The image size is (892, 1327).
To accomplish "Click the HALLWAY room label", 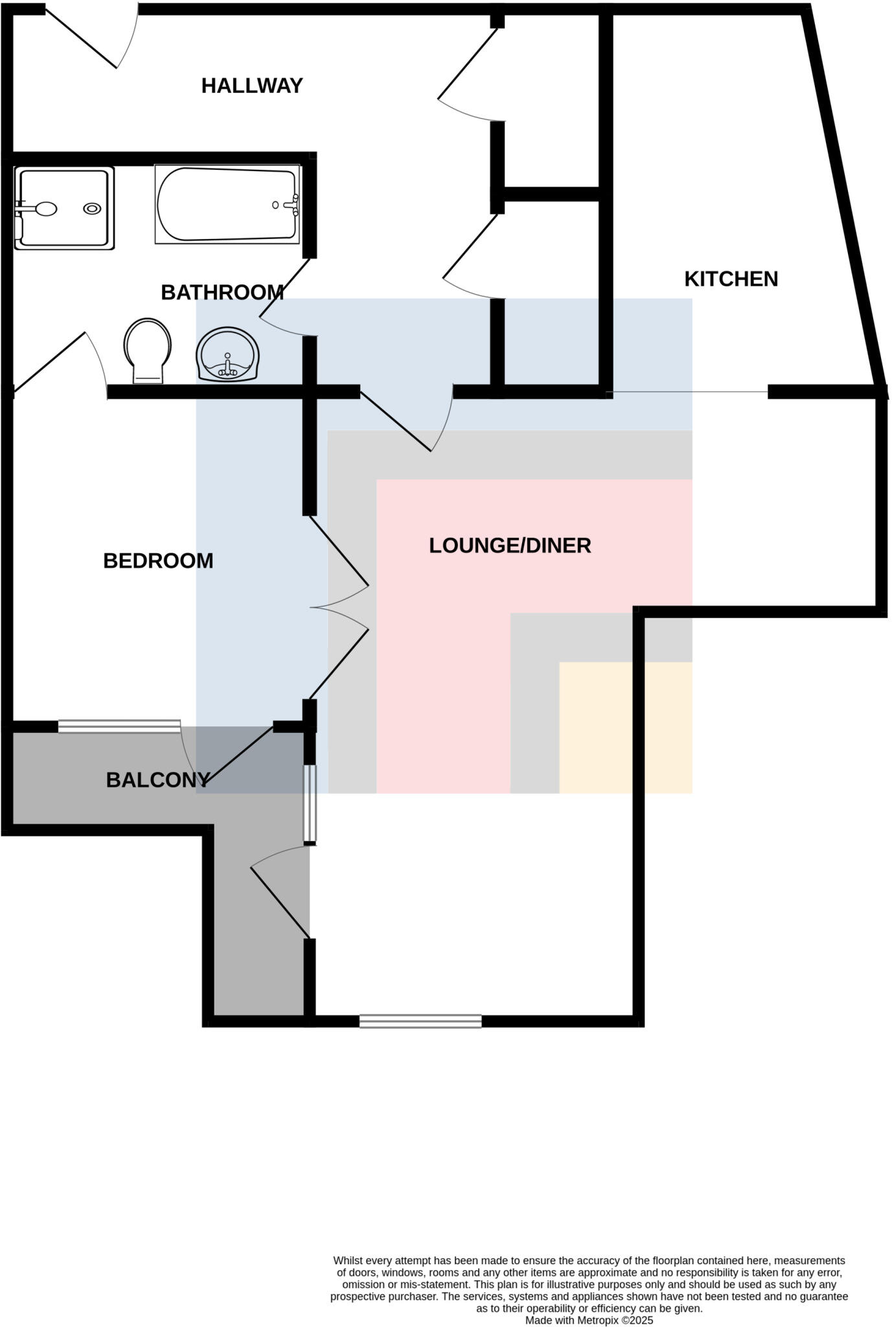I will click(252, 86).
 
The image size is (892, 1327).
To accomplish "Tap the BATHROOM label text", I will click(222, 292).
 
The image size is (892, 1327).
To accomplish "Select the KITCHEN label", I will click(731, 279).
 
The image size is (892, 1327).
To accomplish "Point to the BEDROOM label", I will click(158, 560).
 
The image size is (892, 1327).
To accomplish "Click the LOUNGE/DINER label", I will click(510, 546).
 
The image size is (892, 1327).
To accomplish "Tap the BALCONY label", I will click(157, 779).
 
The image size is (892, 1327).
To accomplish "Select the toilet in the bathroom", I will click(148, 350).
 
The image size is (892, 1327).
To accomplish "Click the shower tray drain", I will click(92, 209).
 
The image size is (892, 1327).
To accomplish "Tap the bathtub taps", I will click(291, 205).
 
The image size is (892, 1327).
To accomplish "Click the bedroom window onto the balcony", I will click(119, 726).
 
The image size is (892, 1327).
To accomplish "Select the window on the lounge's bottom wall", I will click(420, 1021).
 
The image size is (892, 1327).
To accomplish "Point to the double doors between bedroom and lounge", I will click(339, 608).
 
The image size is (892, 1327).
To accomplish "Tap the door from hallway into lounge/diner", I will click(405, 421).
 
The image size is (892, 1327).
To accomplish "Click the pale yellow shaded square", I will click(625, 727).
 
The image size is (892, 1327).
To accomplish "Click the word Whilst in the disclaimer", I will click(348, 1260).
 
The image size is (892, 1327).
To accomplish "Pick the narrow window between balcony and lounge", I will click(310, 803).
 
